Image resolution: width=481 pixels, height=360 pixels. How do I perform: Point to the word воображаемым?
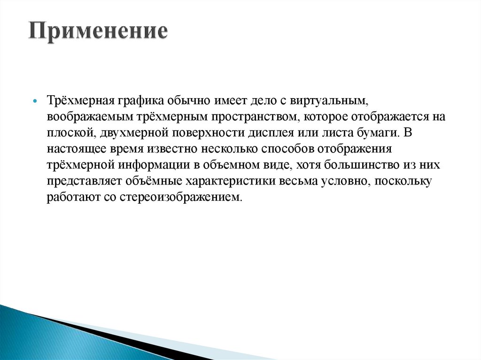pyautogui.click(x=80, y=117)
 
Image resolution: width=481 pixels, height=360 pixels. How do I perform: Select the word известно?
pyautogui.click(x=173, y=149)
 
